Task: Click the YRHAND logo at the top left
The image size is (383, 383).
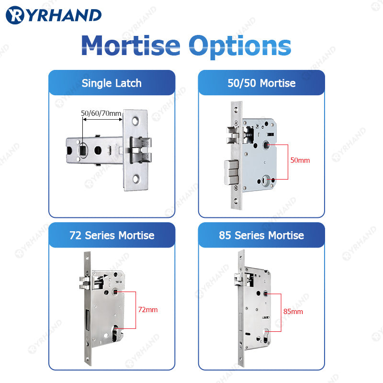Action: pyautogui.click(x=54, y=15)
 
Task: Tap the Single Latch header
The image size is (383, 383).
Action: pyautogui.click(x=112, y=83)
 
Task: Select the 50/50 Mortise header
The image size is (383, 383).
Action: pyautogui.click(x=261, y=83)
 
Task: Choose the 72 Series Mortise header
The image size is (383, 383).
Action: pyautogui.click(x=112, y=235)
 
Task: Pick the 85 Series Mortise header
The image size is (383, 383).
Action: pyautogui.click(x=261, y=235)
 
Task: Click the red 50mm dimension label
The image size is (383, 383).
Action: pyautogui.click(x=300, y=160)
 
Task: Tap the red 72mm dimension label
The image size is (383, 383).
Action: pyautogui.click(x=147, y=310)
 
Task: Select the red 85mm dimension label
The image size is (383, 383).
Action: pyautogui.click(x=293, y=312)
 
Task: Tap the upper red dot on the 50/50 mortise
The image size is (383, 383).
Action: pyautogui.click(x=267, y=143)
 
